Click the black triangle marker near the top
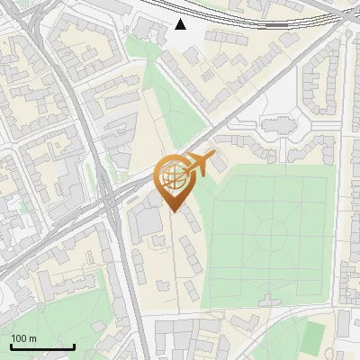coord(181,23)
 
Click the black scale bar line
coord(42,346)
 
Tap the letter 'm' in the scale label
coord(32,338)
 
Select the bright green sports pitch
coord(312,336)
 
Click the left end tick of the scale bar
coord(11,346)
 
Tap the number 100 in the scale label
coord(18,338)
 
